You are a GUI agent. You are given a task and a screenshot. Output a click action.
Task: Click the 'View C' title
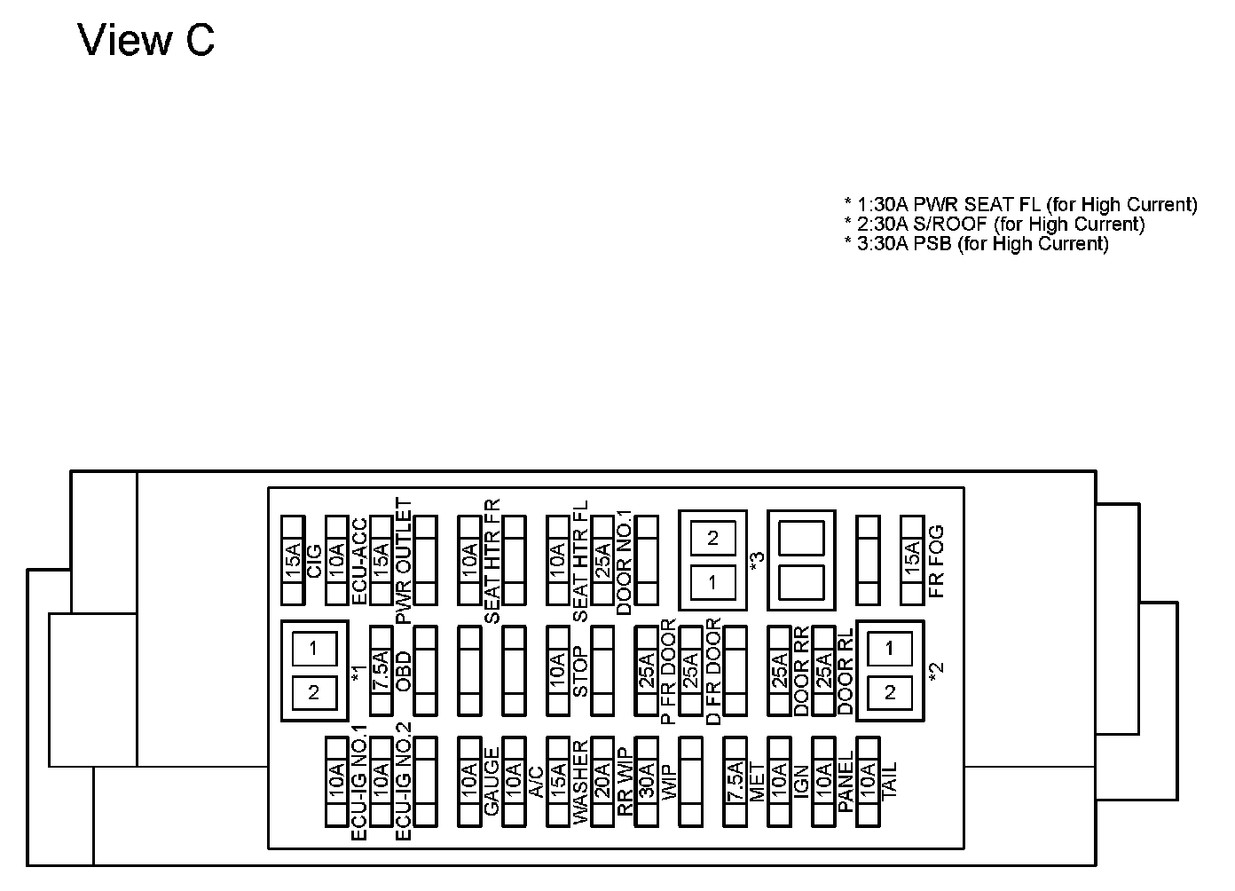pyautogui.click(x=146, y=41)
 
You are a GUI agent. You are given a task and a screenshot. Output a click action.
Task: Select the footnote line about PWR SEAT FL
pyautogui.click(x=1020, y=205)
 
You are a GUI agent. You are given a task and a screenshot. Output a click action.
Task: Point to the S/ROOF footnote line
pyautogui.click(x=995, y=225)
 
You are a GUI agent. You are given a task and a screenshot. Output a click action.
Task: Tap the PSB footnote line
pyautogui.click(x=976, y=244)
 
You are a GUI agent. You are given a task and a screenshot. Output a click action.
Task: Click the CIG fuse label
pyautogui.click(x=314, y=560)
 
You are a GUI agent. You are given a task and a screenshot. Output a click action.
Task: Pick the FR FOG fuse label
pyautogui.click(x=935, y=561)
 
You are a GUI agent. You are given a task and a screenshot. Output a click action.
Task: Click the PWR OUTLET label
pyautogui.click(x=404, y=561)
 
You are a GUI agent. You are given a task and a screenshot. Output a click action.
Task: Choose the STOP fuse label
pyautogui.click(x=580, y=672)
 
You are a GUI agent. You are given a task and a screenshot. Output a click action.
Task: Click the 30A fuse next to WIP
pyautogui.click(x=647, y=782)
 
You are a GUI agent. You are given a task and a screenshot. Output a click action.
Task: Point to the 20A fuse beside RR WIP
pyautogui.click(x=602, y=782)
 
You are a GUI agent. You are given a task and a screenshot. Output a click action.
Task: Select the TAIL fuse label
pyautogui.click(x=890, y=782)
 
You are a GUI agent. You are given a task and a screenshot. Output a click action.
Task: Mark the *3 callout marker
pyautogui.click(x=756, y=561)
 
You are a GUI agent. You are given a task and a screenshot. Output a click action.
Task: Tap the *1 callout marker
pyautogui.click(x=358, y=672)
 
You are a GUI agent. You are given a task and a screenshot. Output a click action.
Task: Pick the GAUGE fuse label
pyautogui.click(x=492, y=782)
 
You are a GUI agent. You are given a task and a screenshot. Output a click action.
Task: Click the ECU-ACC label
pyautogui.click(x=358, y=560)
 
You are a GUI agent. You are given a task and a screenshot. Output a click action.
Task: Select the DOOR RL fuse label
pyautogui.click(x=846, y=672)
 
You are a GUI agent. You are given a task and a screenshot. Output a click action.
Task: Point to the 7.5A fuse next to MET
pyautogui.click(x=735, y=782)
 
